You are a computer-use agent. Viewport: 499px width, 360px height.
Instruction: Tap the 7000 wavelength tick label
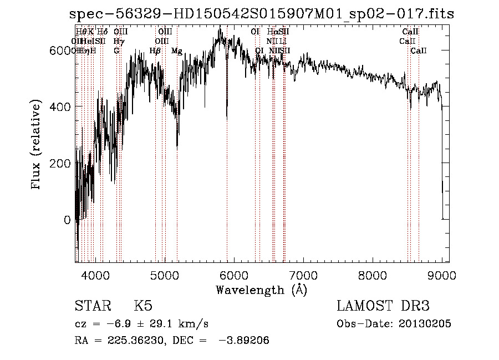303,275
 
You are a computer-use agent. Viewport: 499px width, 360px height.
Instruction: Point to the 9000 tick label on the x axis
442,275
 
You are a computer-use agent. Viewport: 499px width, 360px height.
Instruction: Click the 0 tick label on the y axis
68,220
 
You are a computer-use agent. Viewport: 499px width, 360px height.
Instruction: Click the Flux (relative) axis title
37,145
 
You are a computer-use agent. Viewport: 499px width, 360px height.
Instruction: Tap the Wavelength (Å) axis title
261,290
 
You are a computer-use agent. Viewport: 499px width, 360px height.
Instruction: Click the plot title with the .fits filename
262,14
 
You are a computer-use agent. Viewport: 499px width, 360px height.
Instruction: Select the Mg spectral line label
177,51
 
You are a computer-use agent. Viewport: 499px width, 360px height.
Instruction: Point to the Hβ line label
155,51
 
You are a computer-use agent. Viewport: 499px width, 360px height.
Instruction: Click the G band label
116,51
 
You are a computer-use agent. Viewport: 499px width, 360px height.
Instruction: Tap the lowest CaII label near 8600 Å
419,51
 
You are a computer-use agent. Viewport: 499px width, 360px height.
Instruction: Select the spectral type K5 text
143,306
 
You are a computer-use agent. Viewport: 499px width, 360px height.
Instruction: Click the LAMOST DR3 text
383,306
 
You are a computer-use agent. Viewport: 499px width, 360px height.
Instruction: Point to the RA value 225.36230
130,341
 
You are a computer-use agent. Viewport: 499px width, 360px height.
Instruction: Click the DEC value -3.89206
243,341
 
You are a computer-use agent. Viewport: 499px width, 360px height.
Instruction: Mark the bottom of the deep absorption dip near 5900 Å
227,118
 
